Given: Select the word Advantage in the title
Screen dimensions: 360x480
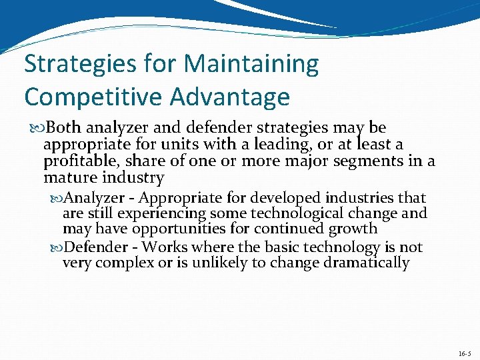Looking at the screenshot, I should tap(230, 97).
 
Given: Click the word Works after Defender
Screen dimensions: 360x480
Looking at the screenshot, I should tap(165, 247).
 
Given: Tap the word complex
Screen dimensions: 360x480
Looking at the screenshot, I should tap(125, 263).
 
